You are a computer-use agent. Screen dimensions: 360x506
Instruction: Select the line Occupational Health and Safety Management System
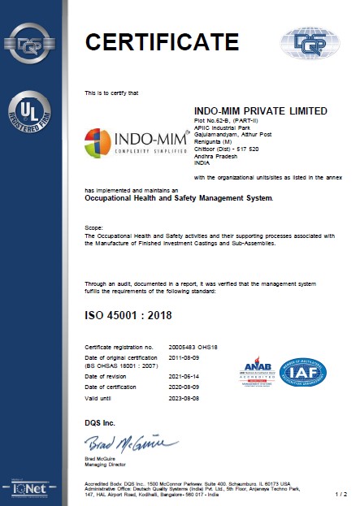[180, 197]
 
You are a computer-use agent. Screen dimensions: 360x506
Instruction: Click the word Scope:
[93, 228]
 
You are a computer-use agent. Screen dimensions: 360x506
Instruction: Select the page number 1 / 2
[340, 493]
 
